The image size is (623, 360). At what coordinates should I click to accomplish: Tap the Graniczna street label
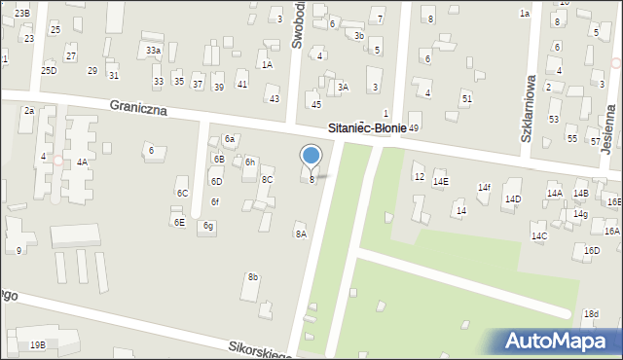(138, 109)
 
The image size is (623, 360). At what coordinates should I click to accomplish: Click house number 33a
(153, 50)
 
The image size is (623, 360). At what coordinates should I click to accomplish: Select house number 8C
(267, 179)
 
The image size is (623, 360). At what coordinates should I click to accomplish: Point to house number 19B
(37, 344)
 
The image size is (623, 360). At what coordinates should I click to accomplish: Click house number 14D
(512, 198)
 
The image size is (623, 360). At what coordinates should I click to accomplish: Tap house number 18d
(591, 313)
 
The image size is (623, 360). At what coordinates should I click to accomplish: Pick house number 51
(467, 99)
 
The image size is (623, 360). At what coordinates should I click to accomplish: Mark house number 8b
(253, 277)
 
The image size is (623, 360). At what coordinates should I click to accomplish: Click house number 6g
(208, 226)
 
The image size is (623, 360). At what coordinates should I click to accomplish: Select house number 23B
(21, 12)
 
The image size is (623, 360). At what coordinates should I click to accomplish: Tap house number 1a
(524, 13)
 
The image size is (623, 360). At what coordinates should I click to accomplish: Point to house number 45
(315, 104)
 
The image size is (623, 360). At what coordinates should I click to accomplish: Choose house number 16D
(592, 250)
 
